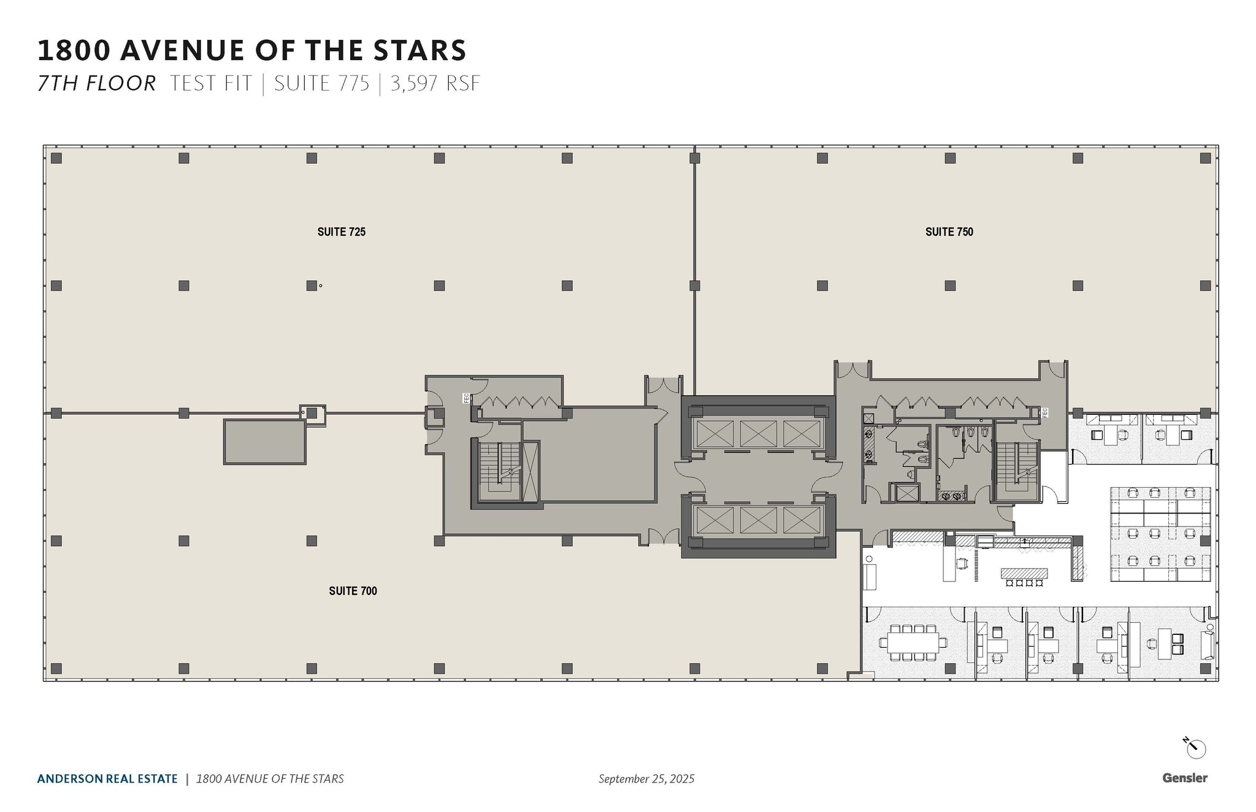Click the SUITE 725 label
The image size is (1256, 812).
click(x=341, y=232)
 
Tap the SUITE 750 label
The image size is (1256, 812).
click(x=949, y=232)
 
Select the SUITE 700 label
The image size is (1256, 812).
click(x=353, y=591)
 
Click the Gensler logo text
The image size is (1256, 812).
click(x=1184, y=778)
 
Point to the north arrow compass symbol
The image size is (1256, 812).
click(x=1195, y=748)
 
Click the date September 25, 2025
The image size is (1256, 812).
click(x=646, y=778)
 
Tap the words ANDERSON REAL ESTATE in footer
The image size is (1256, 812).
click(x=107, y=778)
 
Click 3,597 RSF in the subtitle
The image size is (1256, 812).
click(x=435, y=83)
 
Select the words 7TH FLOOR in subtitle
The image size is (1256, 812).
click(x=97, y=83)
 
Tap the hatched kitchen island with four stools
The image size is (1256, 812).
click(x=1024, y=574)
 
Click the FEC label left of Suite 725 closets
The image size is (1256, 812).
click(x=466, y=398)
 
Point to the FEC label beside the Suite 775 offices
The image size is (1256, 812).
click(x=1044, y=412)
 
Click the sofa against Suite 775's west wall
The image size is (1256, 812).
click(x=870, y=577)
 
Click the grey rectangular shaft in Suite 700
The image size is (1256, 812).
click(x=264, y=442)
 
